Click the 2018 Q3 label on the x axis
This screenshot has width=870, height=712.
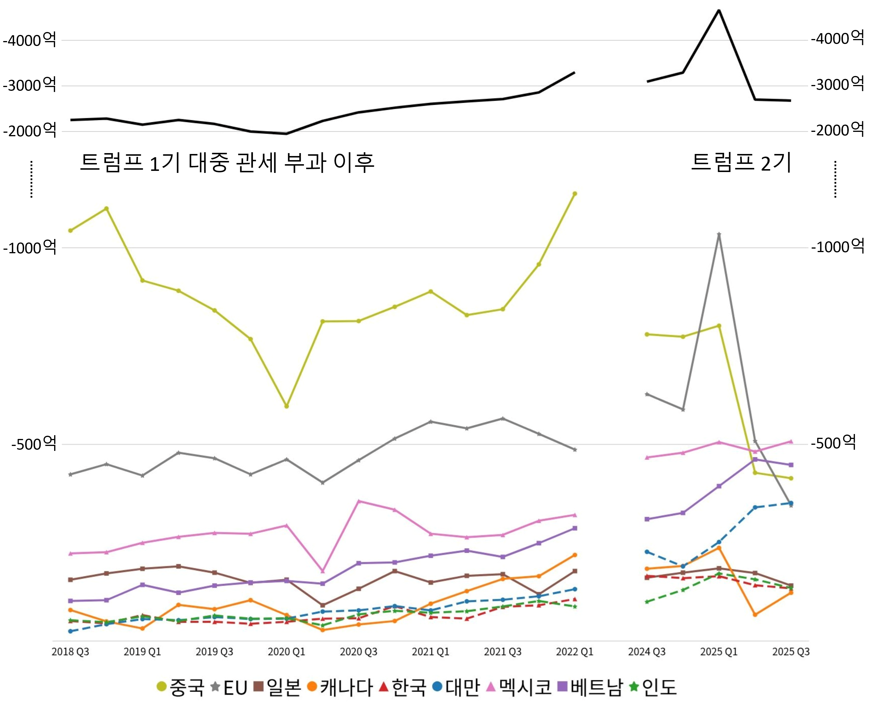(x=70, y=652)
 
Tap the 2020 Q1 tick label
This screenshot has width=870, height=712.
(x=286, y=652)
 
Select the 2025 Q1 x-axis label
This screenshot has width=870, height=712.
(x=719, y=652)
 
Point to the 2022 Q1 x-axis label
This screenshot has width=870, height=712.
(x=574, y=652)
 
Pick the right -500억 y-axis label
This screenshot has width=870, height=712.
(x=833, y=442)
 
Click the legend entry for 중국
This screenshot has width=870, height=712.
(x=180, y=687)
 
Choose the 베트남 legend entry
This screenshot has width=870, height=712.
(x=591, y=687)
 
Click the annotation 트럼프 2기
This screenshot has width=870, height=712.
(x=741, y=162)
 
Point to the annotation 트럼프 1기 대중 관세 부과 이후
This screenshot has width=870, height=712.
(x=227, y=162)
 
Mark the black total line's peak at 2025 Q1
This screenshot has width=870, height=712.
(x=719, y=10)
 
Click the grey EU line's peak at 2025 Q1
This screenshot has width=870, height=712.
(x=719, y=235)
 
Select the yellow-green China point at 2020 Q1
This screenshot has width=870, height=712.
(x=286, y=406)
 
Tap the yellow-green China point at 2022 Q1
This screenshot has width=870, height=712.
(x=575, y=194)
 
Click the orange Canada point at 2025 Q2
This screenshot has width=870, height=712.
(x=755, y=614)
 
